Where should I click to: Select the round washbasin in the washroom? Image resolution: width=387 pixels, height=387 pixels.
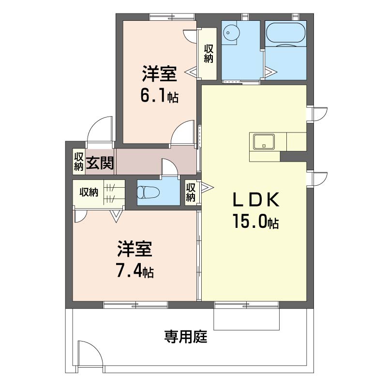pos(231,32)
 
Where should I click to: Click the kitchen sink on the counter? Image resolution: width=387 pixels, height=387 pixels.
pos(264,142)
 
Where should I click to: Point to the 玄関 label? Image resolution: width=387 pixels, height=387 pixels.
pos(100,163)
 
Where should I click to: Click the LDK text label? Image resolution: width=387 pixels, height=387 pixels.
pos(256,199)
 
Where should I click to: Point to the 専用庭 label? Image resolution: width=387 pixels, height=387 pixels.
pos(186,337)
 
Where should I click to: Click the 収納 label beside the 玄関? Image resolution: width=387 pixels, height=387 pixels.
pos(78,162)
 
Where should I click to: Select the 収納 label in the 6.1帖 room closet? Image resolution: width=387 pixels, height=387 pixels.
pos(208,54)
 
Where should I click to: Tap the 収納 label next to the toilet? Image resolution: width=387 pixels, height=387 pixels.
pos(191,193)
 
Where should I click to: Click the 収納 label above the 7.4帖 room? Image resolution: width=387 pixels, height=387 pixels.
pos(89,192)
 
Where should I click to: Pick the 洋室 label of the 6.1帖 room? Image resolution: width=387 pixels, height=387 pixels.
pos(159,74)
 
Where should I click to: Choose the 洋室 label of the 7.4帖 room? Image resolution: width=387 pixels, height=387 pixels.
pos(134,249)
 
